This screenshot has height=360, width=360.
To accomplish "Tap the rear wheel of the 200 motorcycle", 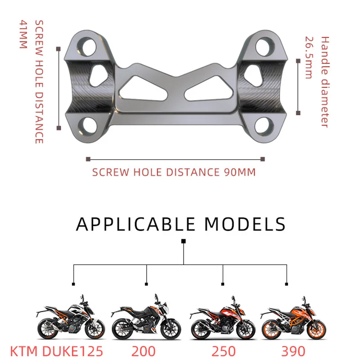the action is click(122, 330).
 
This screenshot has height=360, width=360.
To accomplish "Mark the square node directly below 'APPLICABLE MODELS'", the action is click(184, 242).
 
